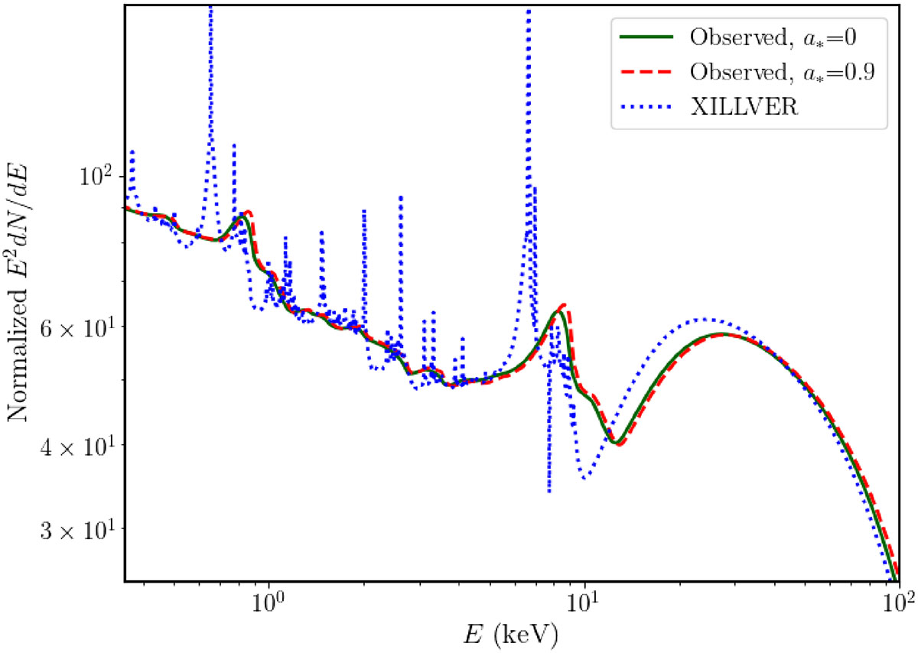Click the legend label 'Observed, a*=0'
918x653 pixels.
point(773,37)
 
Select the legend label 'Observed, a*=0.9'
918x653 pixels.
point(783,72)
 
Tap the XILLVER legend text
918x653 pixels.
point(744,107)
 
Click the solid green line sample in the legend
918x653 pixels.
point(646,37)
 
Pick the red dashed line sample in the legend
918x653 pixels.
point(646,72)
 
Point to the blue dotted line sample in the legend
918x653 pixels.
point(646,107)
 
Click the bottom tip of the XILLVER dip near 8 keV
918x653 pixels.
point(549,492)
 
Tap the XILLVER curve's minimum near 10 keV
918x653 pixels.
point(584,479)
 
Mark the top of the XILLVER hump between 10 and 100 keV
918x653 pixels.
point(704,319)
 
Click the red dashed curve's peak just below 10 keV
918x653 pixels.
point(564,304)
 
